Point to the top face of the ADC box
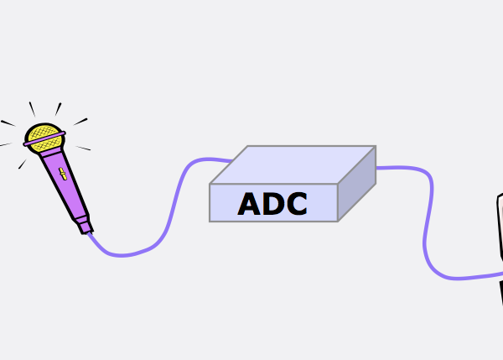tap(293, 164)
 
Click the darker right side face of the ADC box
tap(357, 184)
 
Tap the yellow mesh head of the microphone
tap(44, 138)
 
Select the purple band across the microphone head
tap(44, 138)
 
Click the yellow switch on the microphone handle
tap(63, 174)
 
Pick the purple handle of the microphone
tap(65, 183)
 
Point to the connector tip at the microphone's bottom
tap(86, 226)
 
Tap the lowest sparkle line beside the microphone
tap(22, 164)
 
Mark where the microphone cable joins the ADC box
tap(231, 160)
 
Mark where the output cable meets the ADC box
tap(376, 168)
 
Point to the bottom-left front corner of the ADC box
tap(210, 222)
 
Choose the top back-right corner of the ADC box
tap(376, 147)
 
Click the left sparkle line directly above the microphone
tap(32, 109)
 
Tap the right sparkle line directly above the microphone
tap(58, 109)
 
